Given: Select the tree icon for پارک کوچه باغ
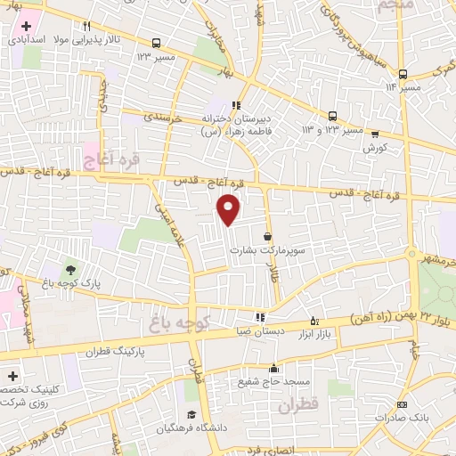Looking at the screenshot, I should point(69,269).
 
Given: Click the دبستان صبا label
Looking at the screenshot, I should point(258,330).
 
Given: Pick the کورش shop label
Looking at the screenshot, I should point(372,148).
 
